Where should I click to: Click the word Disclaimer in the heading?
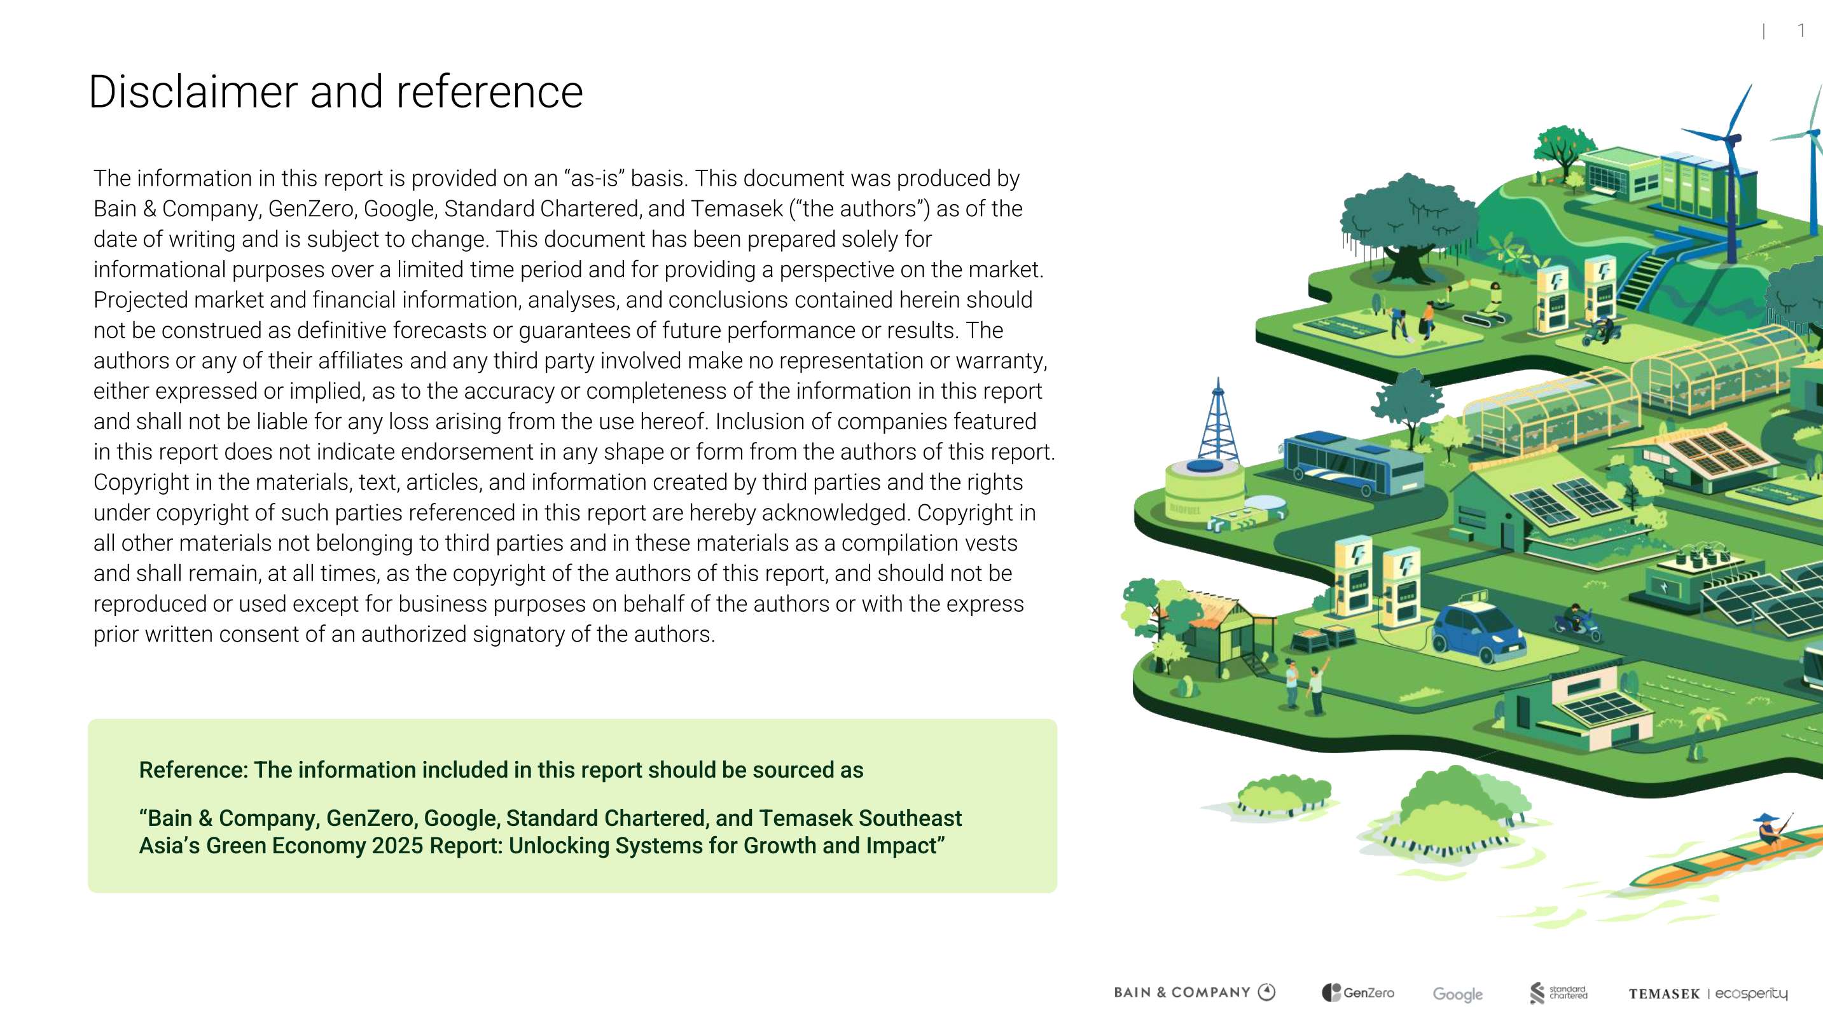(x=193, y=92)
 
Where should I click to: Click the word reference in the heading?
(x=489, y=92)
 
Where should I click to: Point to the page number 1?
(x=1801, y=31)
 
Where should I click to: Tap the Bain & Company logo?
(x=1195, y=992)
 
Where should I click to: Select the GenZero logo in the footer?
(x=1358, y=993)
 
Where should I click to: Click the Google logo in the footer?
(x=1457, y=994)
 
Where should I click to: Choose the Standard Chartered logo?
(x=1558, y=993)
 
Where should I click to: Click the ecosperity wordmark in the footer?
(x=1751, y=993)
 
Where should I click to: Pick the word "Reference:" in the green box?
(x=193, y=769)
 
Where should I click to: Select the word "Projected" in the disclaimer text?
(x=140, y=300)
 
